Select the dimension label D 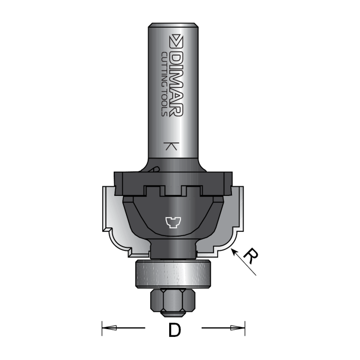[174, 330]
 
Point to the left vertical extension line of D [102, 327]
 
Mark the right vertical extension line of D [245, 327]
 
